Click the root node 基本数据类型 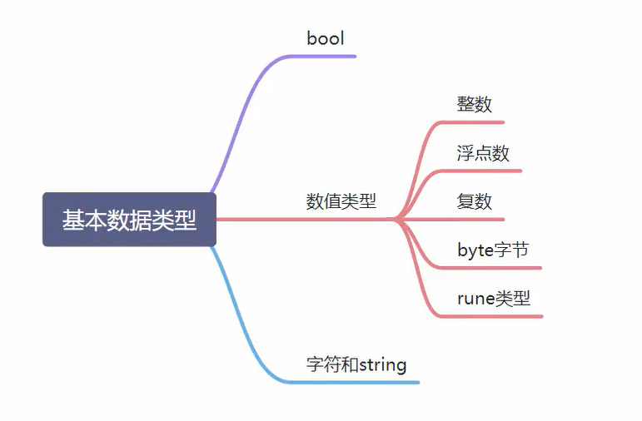[x=129, y=220]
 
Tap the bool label [x=326, y=38]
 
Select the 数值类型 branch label [x=341, y=201]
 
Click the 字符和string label [x=356, y=364]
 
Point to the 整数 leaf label [x=474, y=104]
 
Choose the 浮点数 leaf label [x=483, y=153]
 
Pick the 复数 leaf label [x=474, y=201]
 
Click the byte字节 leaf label [x=493, y=250]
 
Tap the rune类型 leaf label [x=494, y=298]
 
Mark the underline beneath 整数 [x=470, y=122]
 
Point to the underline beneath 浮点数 [x=480, y=171]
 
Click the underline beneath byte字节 [x=490, y=268]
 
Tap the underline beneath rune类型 [x=490, y=316]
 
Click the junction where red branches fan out [x=398, y=220]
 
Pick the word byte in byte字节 [x=475, y=250]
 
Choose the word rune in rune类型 [x=475, y=299]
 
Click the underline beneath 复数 [x=450, y=220]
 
